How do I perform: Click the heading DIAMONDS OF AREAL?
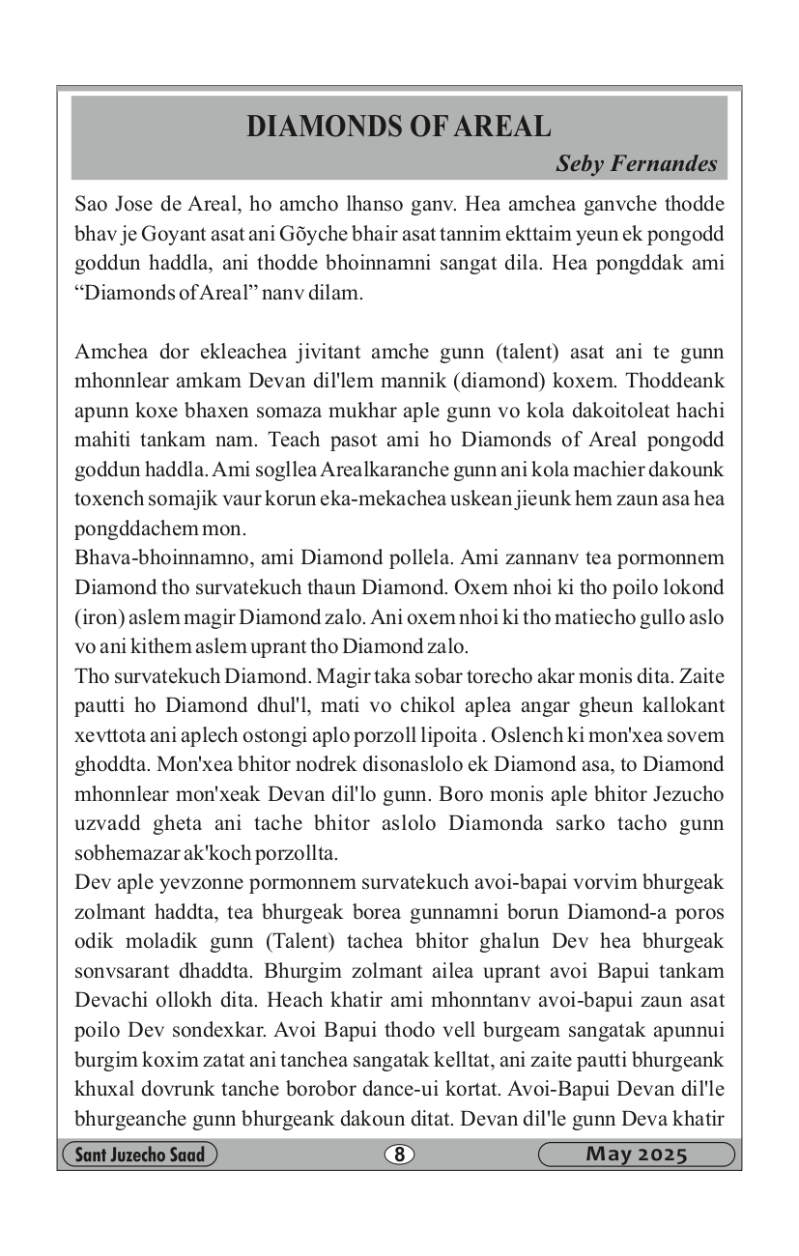click(399, 127)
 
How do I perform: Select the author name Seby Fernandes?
click(636, 163)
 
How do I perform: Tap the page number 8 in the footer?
click(399, 1155)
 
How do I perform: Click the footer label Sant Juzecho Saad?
click(139, 1155)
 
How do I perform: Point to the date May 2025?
click(636, 1155)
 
